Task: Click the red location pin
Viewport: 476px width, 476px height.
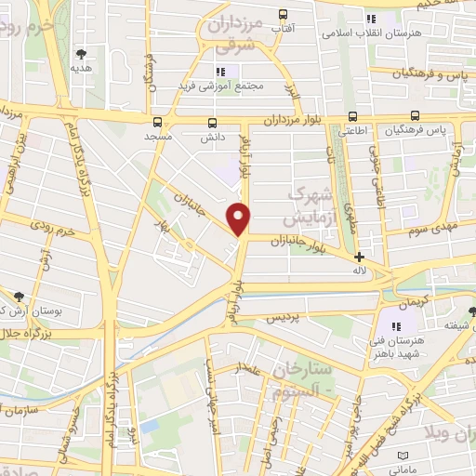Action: point(240,218)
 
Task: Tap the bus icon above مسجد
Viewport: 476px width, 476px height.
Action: point(156,121)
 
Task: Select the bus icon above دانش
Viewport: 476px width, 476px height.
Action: point(213,122)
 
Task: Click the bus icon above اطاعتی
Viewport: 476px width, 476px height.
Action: point(352,117)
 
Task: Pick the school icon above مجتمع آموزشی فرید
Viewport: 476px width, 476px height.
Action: point(220,72)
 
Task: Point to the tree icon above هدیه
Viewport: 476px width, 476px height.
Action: point(82,53)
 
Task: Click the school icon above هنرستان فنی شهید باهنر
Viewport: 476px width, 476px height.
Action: point(397,326)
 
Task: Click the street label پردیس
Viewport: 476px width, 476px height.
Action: point(283,317)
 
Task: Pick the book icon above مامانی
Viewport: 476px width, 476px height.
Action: point(403,456)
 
